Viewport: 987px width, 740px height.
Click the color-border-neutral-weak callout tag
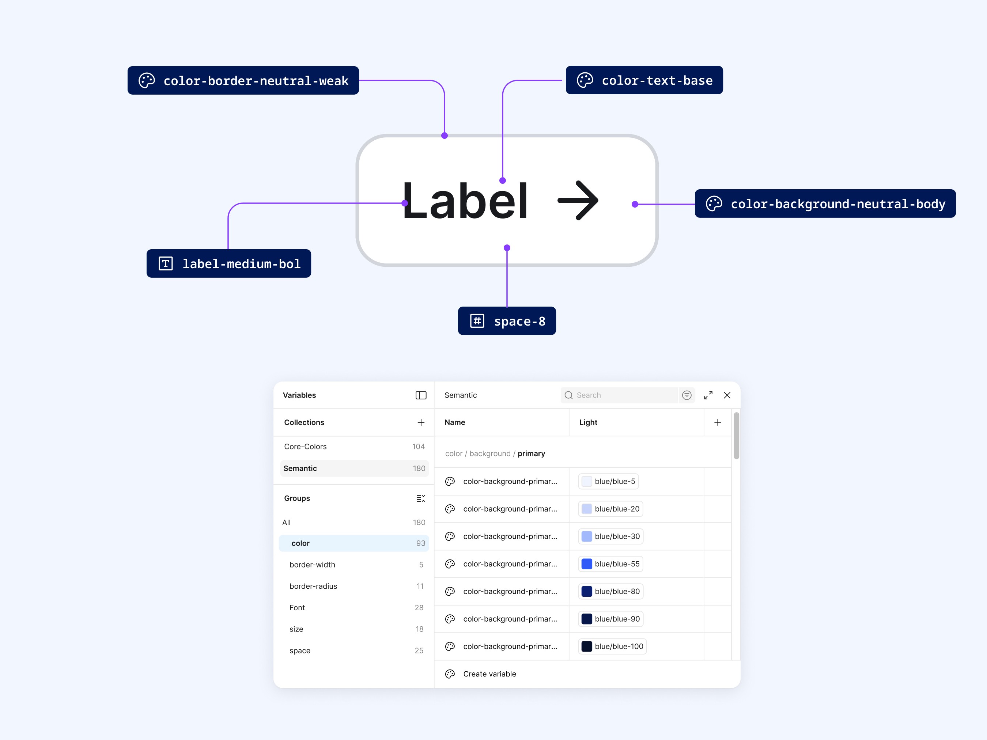[x=243, y=80]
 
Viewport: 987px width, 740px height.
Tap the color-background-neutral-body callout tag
[x=825, y=204]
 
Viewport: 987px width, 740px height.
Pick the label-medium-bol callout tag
[x=228, y=263]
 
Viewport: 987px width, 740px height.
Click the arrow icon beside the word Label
[x=578, y=200]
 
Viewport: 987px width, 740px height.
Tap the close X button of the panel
[x=727, y=395]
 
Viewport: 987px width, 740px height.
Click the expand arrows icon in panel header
[x=708, y=395]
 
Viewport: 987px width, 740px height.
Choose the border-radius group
[x=313, y=586]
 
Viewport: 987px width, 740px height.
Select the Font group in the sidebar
[x=297, y=607]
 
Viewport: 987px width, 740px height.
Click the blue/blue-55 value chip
[x=610, y=564]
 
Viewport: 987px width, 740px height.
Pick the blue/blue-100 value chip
[x=612, y=646]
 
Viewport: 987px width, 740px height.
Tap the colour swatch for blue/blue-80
[x=587, y=592]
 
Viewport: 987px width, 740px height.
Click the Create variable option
[x=489, y=674]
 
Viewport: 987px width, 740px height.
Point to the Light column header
[x=588, y=422]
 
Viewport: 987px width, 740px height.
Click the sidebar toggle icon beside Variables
[x=421, y=395]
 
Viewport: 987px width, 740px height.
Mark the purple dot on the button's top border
[x=445, y=136]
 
